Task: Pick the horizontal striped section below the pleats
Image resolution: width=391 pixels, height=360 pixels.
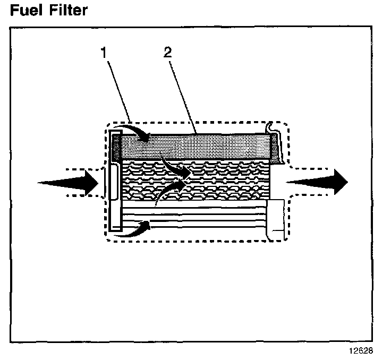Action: [197, 218]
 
